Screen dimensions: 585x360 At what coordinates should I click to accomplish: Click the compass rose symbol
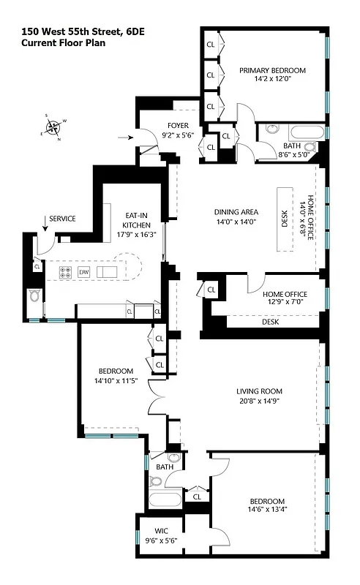[53, 128]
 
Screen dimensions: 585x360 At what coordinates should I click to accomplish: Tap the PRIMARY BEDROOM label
[272, 71]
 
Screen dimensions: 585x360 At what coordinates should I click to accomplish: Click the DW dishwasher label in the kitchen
[84, 271]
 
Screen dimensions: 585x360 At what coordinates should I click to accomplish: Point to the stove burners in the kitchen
[64, 271]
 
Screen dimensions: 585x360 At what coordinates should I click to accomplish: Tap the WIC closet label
[161, 532]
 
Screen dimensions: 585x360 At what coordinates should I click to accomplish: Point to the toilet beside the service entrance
[33, 296]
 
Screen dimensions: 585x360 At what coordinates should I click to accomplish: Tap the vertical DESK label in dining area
[285, 219]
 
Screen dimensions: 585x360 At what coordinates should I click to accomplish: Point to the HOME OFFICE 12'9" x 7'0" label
[285, 298]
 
